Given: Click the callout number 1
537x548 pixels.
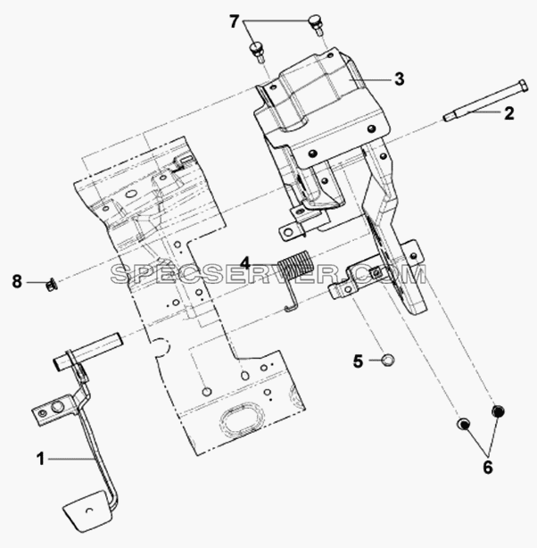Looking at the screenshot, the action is (41, 459).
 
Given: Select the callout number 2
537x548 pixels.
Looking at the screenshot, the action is (508, 113).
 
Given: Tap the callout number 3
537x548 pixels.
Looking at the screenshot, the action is (400, 79).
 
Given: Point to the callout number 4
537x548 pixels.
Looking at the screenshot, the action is (245, 263).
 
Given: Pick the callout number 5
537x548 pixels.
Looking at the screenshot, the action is (358, 361).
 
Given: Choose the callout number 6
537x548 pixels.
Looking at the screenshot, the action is (488, 468).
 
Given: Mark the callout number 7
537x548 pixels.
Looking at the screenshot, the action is (234, 22).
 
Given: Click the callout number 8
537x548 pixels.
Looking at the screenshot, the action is (17, 281).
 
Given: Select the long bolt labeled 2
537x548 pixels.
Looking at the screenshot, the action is (486, 100).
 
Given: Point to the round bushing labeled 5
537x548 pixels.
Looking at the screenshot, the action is (387, 360).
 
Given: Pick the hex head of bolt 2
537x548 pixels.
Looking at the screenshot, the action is (522, 86).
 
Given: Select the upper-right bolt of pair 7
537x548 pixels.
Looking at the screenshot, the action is (316, 23).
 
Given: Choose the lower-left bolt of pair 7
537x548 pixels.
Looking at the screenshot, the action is (257, 52).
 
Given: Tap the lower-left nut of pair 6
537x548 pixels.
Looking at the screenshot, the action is (463, 424).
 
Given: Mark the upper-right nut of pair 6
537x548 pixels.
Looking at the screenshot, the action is (499, 411).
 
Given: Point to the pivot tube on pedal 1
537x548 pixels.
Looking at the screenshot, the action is (87, 350).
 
